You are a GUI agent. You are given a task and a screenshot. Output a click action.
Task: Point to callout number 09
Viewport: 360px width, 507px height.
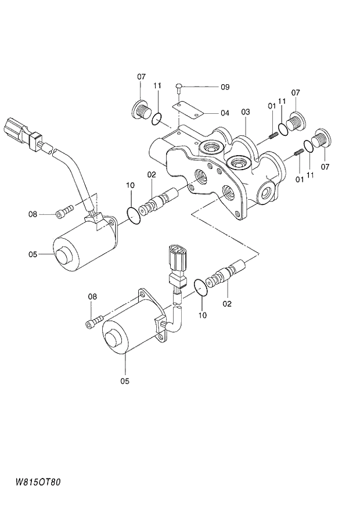tap(225, 87)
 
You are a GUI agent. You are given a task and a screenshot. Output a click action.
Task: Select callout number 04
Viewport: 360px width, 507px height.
tap(225, 113)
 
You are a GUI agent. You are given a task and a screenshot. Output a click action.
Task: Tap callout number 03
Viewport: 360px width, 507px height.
tap(246, 111)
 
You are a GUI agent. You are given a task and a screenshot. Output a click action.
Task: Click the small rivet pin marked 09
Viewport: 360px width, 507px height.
tap(180, 88)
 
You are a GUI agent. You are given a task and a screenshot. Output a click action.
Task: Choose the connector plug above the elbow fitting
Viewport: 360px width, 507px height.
tap(176, 256)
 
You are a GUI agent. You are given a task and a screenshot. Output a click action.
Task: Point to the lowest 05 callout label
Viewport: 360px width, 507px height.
tap(124, 381)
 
